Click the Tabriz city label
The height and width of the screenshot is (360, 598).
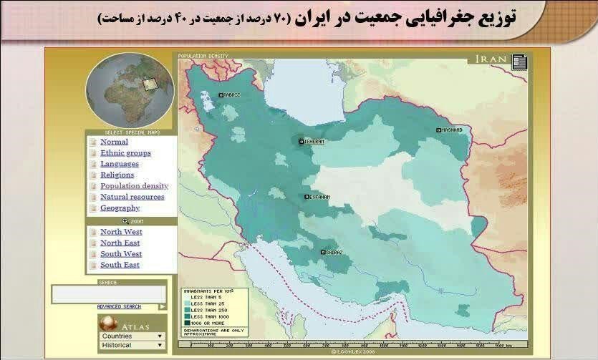click(x=231, y=94)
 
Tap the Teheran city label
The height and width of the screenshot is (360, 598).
click(x=313, y=142)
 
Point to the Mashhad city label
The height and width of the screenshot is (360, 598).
click(x=451, y=130)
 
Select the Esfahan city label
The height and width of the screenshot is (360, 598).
click(x=318, y=197)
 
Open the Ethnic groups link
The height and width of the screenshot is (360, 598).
click(x=125, y=153)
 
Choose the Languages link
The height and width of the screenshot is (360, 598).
click(x=120, y=164)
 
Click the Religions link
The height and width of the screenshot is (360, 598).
click(x=117, y=175)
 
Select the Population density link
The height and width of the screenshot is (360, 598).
click(x=134, y=186)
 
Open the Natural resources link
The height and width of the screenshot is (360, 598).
click(x=132, y=197)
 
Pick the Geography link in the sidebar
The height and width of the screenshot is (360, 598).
click(x=120, y=208)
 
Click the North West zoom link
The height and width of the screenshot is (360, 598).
click(x=121, y=232)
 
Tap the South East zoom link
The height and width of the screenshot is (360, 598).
click(x=120, y=265)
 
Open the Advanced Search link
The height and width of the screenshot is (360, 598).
click(x=119, y=306)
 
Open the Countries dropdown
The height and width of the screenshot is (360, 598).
click(x=132, y=336)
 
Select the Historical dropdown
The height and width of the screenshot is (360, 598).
click(x=132, y=345)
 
